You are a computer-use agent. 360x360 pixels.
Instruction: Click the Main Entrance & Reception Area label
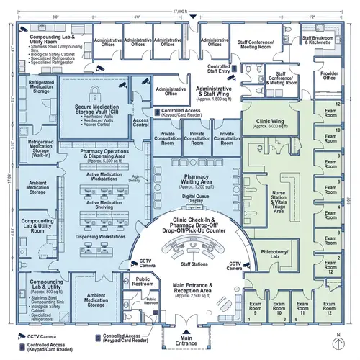point(196,290)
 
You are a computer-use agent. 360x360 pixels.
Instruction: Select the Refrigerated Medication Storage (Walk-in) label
point(40,148)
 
